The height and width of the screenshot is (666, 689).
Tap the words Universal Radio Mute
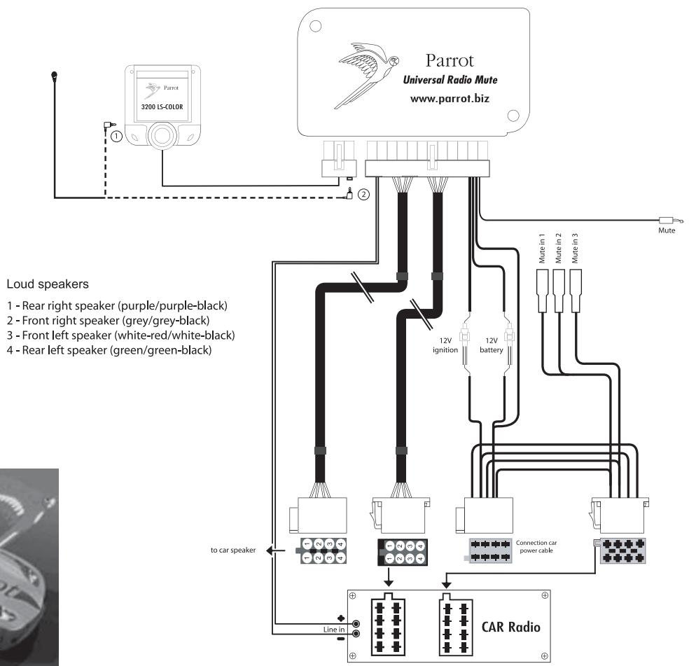click(454, 81)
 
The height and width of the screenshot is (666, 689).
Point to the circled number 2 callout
click(363, 195)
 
